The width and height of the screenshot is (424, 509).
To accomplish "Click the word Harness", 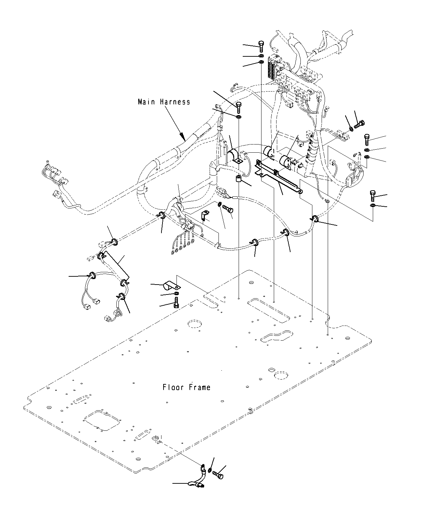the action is [x=175, y=102].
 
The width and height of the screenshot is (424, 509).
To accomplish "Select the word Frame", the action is [x=200, y=387].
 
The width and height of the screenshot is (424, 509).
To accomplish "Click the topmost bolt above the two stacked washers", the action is [x=261, y=46].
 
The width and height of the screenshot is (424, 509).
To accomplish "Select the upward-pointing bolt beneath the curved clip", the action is [x=176, y=302].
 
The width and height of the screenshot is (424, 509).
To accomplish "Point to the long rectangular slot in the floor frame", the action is [x=269, y=310].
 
